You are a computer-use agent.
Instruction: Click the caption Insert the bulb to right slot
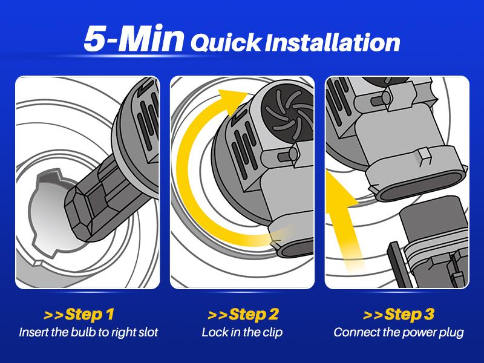[88, 332]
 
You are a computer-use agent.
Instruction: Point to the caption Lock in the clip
[242, 332]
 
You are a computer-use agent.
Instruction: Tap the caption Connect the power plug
[399, 332]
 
